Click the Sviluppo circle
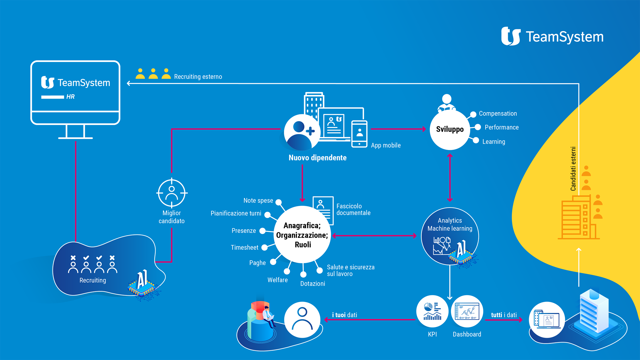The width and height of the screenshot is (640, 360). pos(450,129)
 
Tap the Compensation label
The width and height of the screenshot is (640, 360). pos(498,114)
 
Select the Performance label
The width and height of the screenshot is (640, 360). pos(501,127)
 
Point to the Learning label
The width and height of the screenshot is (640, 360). pos(493,142)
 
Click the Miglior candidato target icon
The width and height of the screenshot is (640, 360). pos(172,193)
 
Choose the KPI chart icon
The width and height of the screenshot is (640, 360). pos(432,311)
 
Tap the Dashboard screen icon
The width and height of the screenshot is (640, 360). pos(467,311)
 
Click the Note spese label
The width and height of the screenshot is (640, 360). pos(258,201)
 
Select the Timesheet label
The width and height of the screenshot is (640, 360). pos(244,247)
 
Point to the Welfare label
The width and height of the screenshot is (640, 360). pos(277,280)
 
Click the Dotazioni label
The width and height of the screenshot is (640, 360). pos(312,283)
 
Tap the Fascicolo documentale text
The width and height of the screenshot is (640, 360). pos(353,209)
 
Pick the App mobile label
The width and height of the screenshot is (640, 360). pos(386,145)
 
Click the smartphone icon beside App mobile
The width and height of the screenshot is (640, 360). pos(359,134)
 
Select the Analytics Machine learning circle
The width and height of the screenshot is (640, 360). pos(450,236)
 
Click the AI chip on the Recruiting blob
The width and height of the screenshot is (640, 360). pos(142,284)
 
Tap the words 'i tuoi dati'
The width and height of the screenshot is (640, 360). pos(344,315)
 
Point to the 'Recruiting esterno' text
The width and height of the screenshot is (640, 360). pos(198,77)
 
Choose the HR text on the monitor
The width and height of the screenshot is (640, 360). pos(70,97)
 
